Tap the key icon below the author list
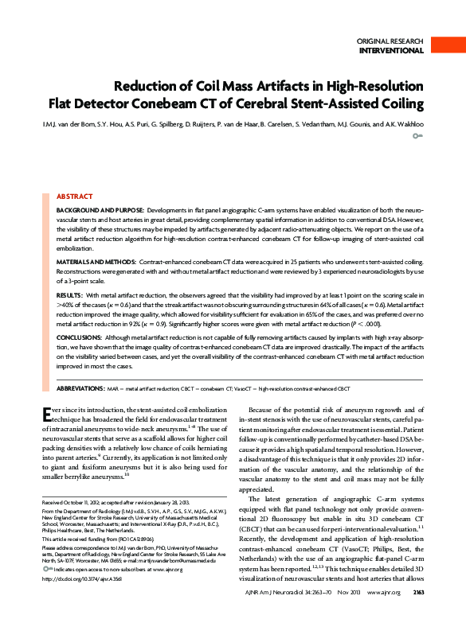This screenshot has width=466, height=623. pyautogui.click(x=417, y=137)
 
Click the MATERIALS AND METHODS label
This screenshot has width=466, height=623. pyautogui.click(x=96, y=261)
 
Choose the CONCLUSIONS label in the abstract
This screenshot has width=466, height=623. pyautogui.click(x=79, y=338)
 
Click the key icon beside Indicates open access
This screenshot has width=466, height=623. pyautogui.click(x=45, y=570)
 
